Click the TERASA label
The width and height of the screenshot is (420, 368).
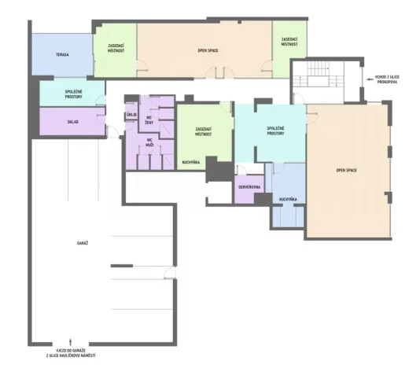[x=62, y=54]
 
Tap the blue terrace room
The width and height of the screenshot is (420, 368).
[x=62, y=54]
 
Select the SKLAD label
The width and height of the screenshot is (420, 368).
[x=73, y=122]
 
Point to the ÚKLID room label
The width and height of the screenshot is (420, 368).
[x=131, y=115]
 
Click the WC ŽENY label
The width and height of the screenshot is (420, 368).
[x=149, y=120]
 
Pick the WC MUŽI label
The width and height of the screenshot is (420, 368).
[x=149, y=142]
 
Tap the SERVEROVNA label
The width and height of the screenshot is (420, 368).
[x=249, y=187]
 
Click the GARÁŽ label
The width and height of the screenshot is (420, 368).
[x=83, y=243]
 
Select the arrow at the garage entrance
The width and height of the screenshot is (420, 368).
[x=71, y=341]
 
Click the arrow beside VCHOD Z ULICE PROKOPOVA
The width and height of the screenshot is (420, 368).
[x=370, y=79]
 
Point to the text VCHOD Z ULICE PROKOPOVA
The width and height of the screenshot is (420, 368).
[x=387, y=79]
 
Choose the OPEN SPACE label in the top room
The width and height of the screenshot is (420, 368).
[x=208, y=50]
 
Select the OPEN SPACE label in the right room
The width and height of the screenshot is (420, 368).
[x=346, y=171]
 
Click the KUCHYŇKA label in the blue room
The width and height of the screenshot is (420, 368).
[x=288, y=200]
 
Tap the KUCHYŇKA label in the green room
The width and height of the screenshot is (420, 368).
[x=190, y=162]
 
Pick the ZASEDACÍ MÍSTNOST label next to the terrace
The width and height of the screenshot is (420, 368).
[x=116, y=48]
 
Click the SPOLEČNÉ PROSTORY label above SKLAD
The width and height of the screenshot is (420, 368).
[x=73, y=94]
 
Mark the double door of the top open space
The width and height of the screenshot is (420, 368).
[x=219, y=72]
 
